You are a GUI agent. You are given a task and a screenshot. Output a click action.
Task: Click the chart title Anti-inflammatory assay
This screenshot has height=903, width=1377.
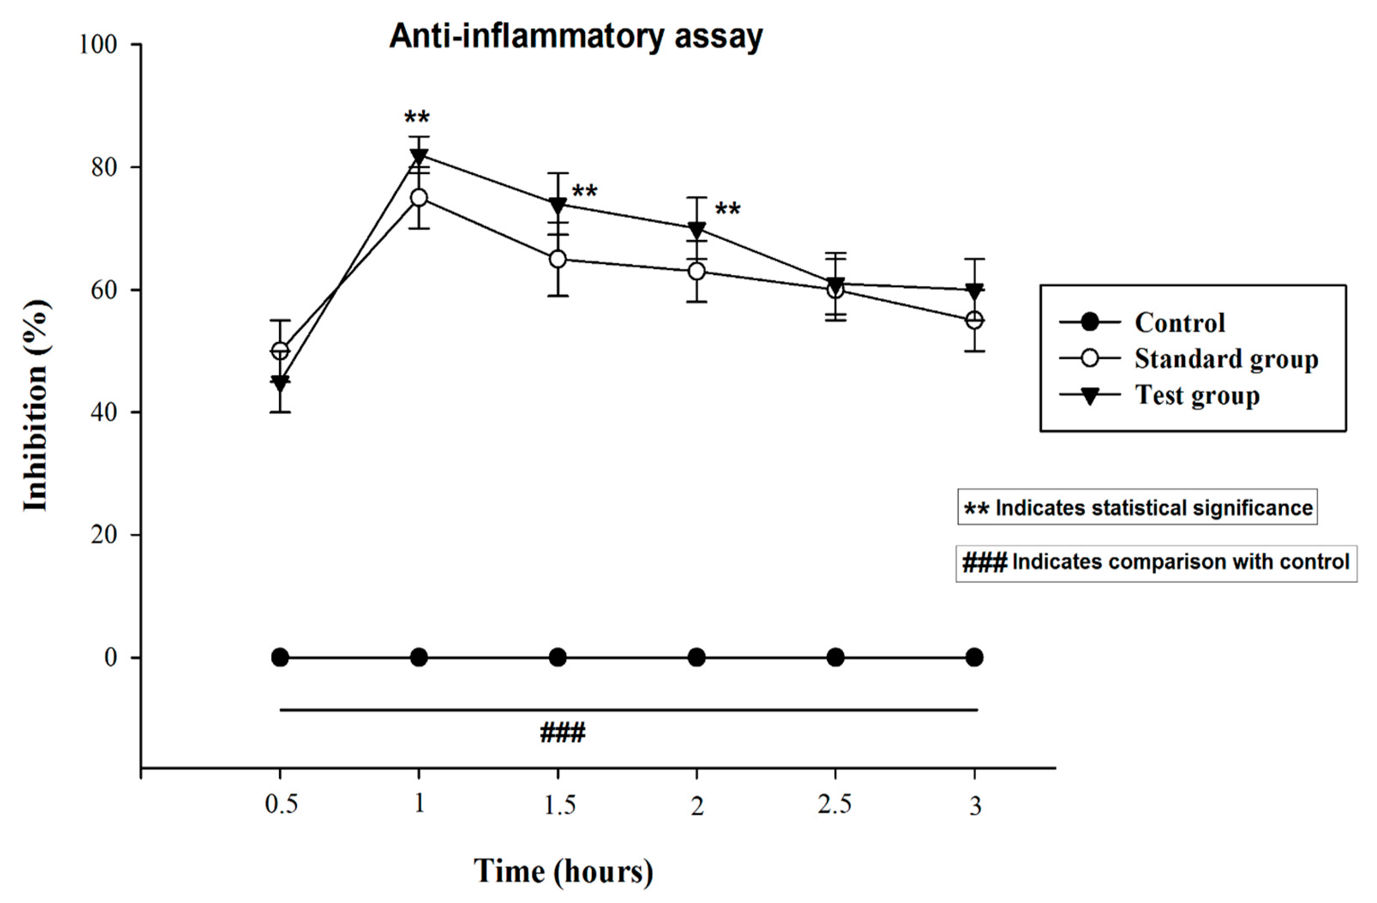coord(576,37)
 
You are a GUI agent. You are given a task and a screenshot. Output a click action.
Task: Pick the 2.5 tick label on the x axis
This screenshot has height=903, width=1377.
coord(834,804)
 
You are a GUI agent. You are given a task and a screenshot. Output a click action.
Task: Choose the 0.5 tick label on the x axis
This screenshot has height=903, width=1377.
coord(281,804)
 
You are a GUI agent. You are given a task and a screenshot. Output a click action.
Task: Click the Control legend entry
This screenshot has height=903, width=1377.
coord(1179,322)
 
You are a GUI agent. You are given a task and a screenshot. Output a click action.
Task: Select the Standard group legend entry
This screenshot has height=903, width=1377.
coord(1225,359)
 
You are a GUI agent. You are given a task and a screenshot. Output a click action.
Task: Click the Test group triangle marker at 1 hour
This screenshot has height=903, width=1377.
coord(419,156)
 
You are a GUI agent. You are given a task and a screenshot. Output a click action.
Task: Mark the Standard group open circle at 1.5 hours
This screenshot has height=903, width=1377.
coord(558,259)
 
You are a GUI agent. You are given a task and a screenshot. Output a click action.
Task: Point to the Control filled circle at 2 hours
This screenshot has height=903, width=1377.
coord(696,658)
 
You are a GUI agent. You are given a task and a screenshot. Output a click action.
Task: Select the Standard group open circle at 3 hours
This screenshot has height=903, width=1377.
coord(974,320)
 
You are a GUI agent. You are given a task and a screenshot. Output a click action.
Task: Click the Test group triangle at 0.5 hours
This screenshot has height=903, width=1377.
coord(280,383)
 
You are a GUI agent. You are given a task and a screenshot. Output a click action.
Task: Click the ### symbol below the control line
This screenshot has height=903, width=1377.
coord(562,733)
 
